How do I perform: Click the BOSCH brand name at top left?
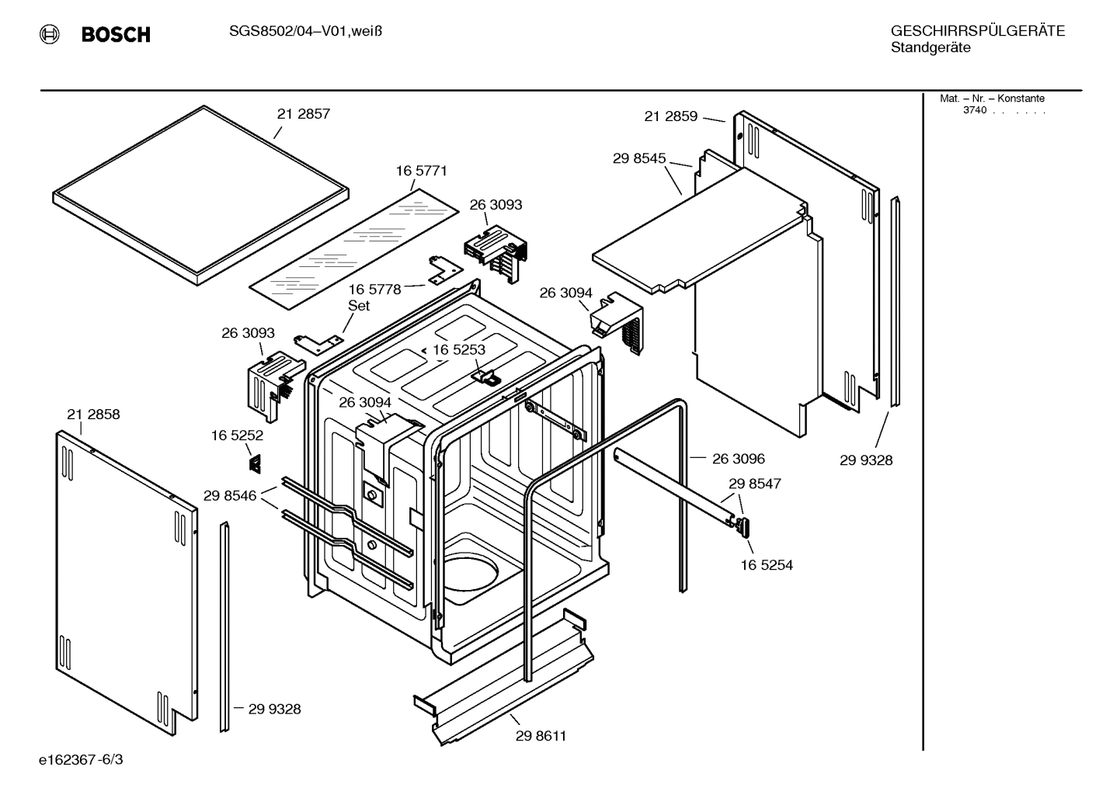click(x=115, y=34)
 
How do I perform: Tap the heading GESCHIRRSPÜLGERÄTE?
click(x=977, y=31)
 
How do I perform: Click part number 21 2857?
click(x=303, y=114)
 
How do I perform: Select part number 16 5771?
click(x=421, y=171)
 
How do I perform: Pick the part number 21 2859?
click(x=670, y=116)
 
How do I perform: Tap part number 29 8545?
click(x=638, y=158)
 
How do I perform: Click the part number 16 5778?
click(x=374, y=290)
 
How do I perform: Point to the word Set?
click(x=359, y=306)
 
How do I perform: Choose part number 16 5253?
click(x=458, y=350)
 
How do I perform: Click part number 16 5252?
click(x=237, y=436)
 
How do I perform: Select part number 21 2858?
click(x=93, y=415)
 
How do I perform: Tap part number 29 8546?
click(x=230, y=495)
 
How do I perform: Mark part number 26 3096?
click(x=738, y=459)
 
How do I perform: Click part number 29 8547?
click(x=754, y=484)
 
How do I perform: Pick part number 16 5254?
click(x=766, y=565)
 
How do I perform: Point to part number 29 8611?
click(x=541, y=736)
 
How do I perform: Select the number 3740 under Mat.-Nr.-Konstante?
click(x=974, y=110)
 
